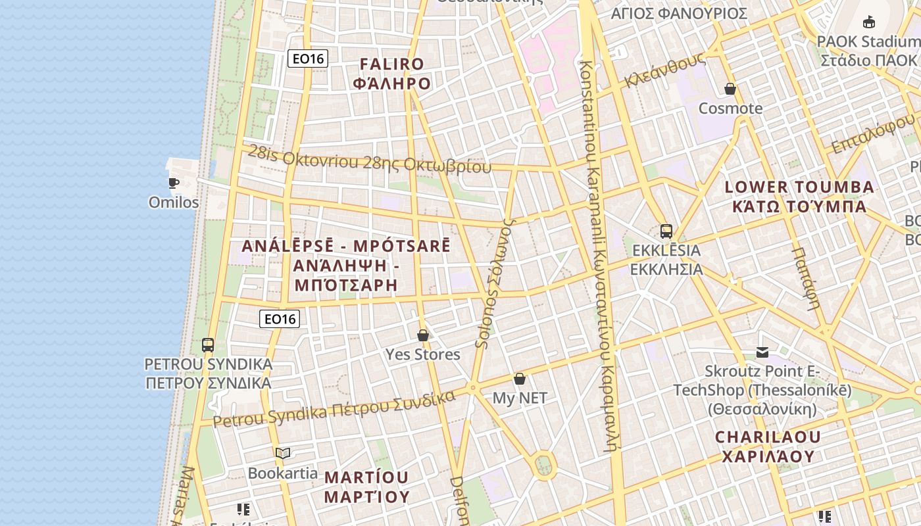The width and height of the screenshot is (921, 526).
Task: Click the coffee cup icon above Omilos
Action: (x=173, y=183)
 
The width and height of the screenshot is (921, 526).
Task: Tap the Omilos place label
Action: (x=174, y=203)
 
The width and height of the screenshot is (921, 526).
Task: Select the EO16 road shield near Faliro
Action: (x=308, y=59)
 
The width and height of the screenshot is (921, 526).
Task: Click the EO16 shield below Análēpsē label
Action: (x=280, y=320)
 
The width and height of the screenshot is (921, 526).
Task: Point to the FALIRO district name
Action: (x=392, y=64)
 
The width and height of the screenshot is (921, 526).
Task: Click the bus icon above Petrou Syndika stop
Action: (x=208, y=345)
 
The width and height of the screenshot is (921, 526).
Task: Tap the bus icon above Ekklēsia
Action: (x=666, y=231)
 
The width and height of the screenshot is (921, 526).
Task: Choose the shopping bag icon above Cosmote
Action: (x=730, y=89)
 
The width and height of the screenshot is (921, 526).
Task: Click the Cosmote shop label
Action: (x=730, y=108)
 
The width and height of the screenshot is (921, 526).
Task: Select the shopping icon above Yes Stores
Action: (x=423, y=335)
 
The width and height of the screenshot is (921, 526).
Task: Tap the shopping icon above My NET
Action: (x=520, y=379)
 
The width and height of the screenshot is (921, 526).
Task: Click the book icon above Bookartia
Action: (x=283, y=453)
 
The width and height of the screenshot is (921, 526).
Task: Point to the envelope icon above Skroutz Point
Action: (x=762, y=352)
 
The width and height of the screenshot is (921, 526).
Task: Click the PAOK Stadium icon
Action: (x=869, y=22)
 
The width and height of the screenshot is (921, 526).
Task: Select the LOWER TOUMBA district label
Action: (x=799, y=187)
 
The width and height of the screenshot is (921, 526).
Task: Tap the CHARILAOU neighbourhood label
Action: (x=768, y=437)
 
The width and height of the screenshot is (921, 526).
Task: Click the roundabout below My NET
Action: (x=543, y=465)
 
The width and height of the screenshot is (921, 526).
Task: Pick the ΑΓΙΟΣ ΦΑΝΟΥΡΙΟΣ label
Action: (x=679, y=13)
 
